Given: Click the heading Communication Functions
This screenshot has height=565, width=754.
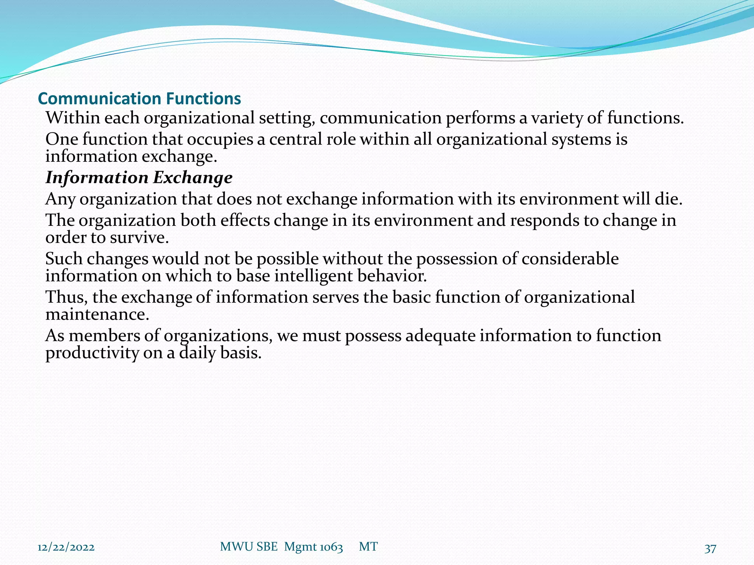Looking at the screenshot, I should click(x=139, y=99).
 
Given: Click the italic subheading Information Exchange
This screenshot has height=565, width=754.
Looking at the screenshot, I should click(x=139, y=178).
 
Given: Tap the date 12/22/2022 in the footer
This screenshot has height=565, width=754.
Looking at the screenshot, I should click(x=66, y=547).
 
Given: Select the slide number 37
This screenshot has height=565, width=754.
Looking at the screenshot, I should click(x=710, y=548).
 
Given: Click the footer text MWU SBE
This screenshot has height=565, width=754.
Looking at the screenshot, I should click(x=249, y=547).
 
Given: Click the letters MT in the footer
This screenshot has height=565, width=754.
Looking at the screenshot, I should click(x=368, y=547).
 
